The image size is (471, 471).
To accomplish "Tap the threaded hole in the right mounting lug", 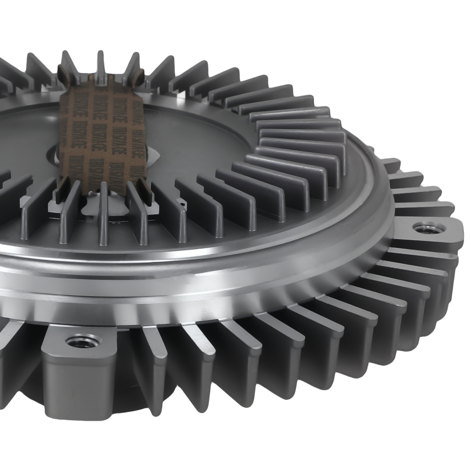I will (x=428, y=229).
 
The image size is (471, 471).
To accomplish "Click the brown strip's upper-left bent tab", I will (x=63, y=73).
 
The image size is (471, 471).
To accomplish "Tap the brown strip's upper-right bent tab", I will (x=139, y=75).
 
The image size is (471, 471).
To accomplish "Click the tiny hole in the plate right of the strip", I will (x=182, y=203).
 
